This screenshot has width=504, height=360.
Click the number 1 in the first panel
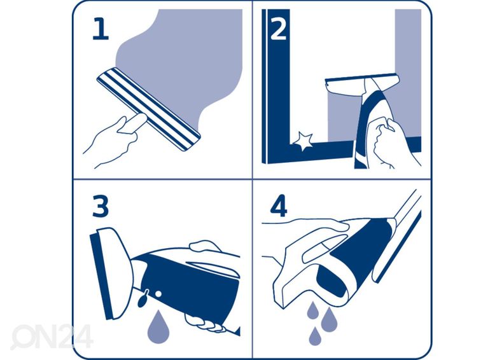(100, 29)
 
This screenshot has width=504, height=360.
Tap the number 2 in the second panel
(278, 29)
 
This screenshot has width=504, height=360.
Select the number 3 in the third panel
(101, 206)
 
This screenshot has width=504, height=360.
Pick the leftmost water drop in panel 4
(312, 310)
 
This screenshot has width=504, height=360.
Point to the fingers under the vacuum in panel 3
(204, 323)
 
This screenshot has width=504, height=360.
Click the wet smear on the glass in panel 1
(185, 57)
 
